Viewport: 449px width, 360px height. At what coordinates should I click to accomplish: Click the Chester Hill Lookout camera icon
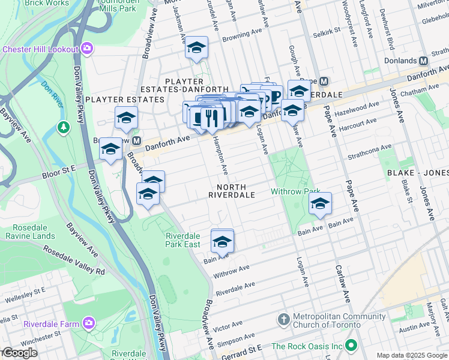point(88,48)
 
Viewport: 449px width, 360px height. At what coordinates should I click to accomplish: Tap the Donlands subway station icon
point(423,61)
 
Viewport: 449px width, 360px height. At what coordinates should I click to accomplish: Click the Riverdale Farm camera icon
point(89,324)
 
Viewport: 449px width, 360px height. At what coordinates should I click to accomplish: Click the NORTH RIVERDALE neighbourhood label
point(232,191)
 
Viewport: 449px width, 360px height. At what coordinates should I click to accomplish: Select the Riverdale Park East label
point(183,240)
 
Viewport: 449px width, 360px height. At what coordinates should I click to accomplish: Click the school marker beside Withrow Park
point(320,204)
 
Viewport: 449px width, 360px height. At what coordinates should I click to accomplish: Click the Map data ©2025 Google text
point(412,355)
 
